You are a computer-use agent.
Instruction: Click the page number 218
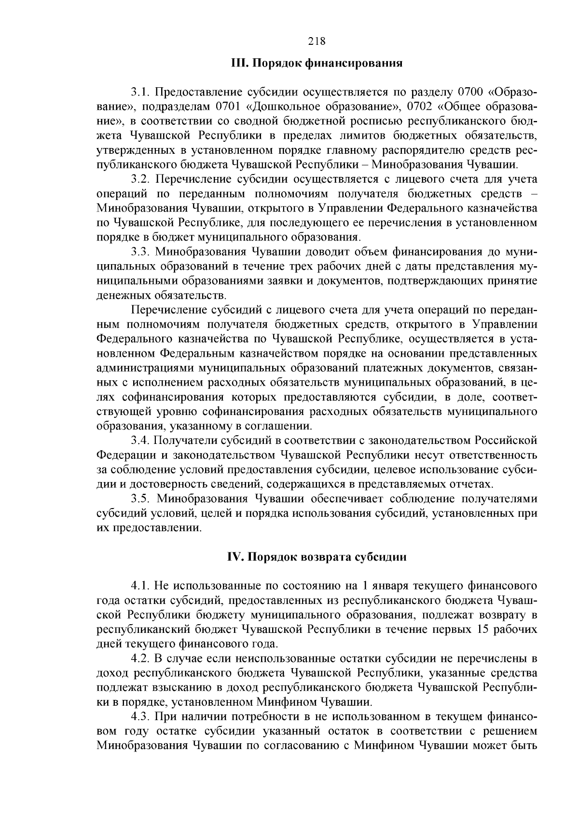click(317, 41)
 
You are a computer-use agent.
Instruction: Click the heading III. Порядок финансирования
click(317, 63)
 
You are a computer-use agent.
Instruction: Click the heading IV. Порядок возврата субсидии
click(317, 557)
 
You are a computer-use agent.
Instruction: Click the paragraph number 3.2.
click(141, 179)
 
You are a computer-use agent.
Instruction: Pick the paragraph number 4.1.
click(141, 586)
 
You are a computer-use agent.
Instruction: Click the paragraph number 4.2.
click(141, 658)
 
